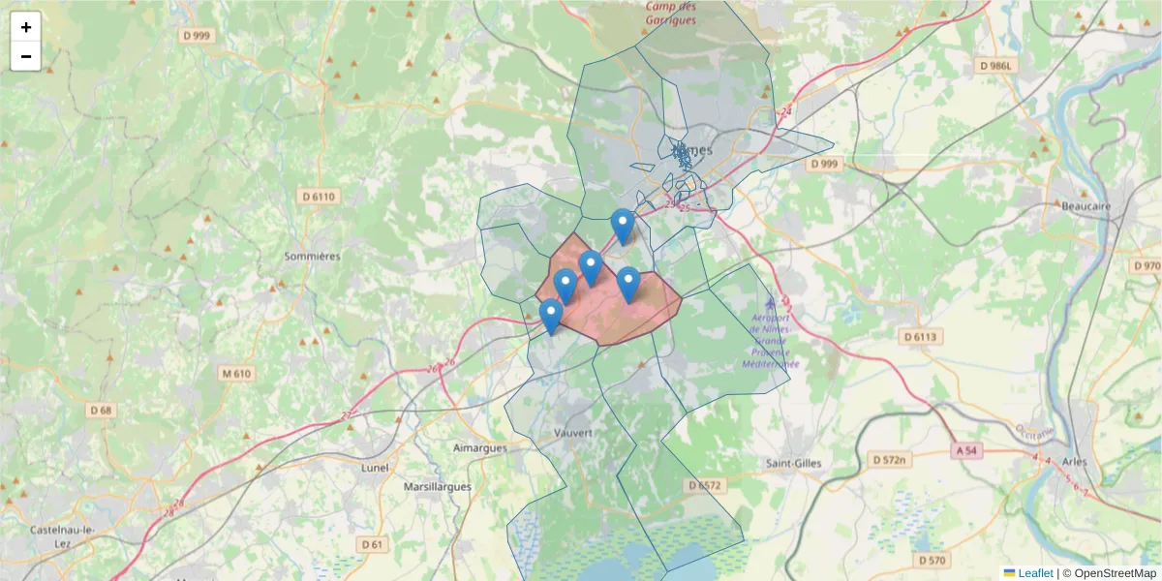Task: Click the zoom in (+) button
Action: (x=26, y=27)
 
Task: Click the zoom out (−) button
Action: (x=26, y=56)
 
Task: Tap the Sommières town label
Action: (x=312, y=257)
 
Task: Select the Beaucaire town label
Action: (x=1086, y=207)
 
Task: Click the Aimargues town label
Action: (x=479, y=448)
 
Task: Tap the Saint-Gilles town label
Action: (x=794, y=463)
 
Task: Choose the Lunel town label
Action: (x=374, y=468)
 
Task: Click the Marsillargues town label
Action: (x=437, y=487)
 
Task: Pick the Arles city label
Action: (x=1075, y=462)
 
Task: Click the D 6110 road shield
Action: (x=318, y=197)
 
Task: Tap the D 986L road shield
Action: (x=998, y=66)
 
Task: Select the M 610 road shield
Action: (x=235, y=374)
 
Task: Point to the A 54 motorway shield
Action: (x=965, y=450)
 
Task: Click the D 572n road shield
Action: (x=887, y=459)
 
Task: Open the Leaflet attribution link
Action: (x=1034, y=573)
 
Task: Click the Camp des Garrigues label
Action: (x=671, y=14)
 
